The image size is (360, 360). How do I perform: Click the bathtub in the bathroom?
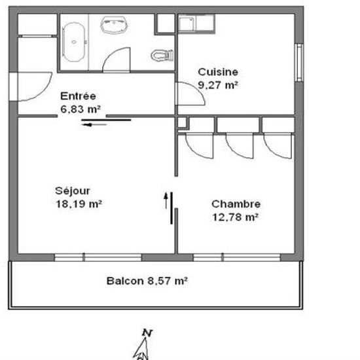[74, 42]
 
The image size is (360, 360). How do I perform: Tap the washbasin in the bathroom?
[114, 25]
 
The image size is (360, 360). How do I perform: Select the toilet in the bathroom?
[162, 56]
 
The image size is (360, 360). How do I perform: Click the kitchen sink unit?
[196, 24]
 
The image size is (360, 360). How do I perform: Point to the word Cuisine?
[218, 72]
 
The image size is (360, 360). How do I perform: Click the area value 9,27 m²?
[218, 85]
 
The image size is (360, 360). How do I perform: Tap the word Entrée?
[78, 96]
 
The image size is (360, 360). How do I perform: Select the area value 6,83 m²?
[81, 109]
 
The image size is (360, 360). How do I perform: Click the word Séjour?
[72, 191]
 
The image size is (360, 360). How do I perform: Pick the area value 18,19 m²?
[79, 204]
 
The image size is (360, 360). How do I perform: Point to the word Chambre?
[236, 204]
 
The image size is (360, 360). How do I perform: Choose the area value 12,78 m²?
[236, 217]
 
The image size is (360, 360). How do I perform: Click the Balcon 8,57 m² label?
[147, 281]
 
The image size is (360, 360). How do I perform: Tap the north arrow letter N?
[147, 333]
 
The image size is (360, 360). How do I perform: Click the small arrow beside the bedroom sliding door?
[166, 200]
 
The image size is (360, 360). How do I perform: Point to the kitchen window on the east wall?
[299, 62]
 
